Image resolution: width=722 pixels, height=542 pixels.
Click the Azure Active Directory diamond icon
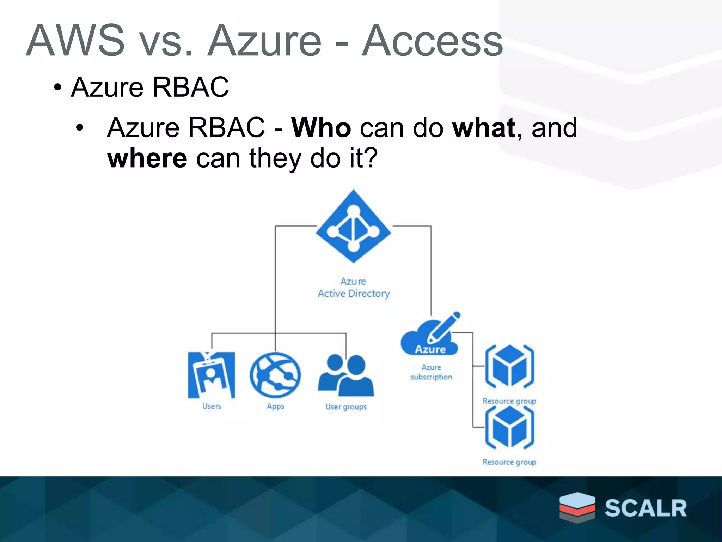point(353,227)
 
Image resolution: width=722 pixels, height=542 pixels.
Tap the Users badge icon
point(212,375)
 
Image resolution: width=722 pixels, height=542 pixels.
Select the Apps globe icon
point(275,375)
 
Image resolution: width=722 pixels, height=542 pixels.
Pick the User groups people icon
point(346,375)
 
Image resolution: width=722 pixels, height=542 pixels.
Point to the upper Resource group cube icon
point(509,366)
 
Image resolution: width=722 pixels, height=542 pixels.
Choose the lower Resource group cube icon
point(509,427)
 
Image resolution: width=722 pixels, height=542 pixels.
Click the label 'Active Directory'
point(354,294)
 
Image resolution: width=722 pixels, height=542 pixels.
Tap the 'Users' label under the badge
point(212,406)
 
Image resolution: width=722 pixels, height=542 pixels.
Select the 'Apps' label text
point(275,406)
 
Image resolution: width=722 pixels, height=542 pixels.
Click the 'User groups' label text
point(346,407)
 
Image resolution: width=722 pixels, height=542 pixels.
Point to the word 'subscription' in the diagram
point(431,377)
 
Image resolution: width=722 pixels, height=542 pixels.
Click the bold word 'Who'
point(321,127)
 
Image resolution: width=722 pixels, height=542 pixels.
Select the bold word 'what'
point(484,127)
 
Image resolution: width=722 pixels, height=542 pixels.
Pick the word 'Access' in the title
point(432,41)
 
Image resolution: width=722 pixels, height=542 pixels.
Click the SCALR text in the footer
point(645,508)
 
